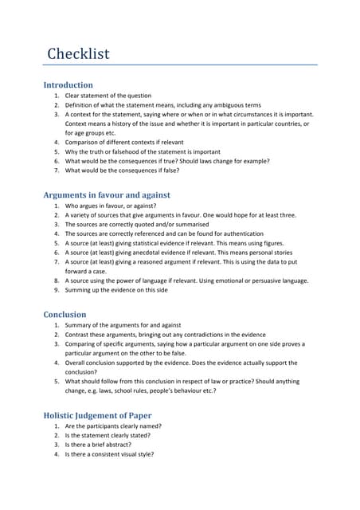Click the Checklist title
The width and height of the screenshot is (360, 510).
[77, 54]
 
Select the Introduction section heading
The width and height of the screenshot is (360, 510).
[68, 84]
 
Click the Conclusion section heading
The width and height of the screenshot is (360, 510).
[69, 314]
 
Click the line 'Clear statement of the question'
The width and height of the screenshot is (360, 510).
[108, 96]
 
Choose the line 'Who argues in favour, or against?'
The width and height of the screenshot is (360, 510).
[115, 206]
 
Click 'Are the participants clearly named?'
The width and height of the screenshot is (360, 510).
[119, 426]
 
